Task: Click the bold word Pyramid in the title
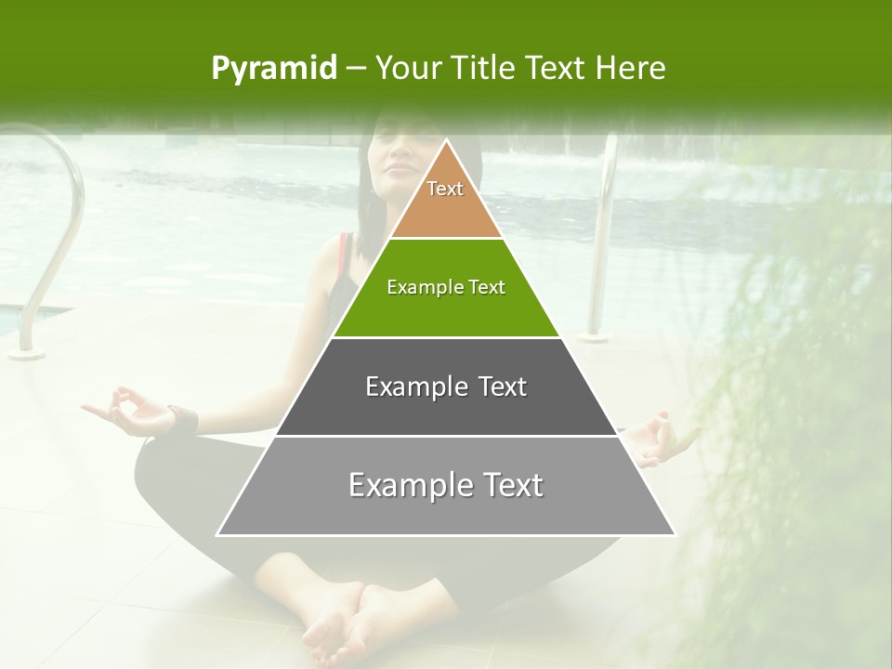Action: tap(273, 69)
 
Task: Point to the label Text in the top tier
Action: tap(445, 189)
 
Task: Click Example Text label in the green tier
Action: tap(446, 287)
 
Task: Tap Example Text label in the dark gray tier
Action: tap(446, 387)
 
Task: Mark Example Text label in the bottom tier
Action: tap(446, 485)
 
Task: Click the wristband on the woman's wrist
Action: tap(184, 417)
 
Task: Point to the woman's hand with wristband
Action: tap(130, 411)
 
